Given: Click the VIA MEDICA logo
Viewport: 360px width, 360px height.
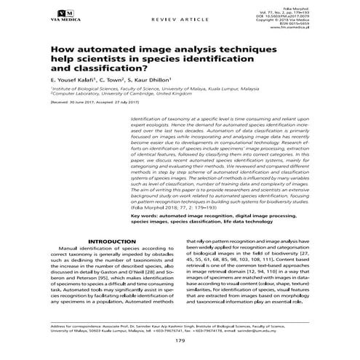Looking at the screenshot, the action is coord(64,16).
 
